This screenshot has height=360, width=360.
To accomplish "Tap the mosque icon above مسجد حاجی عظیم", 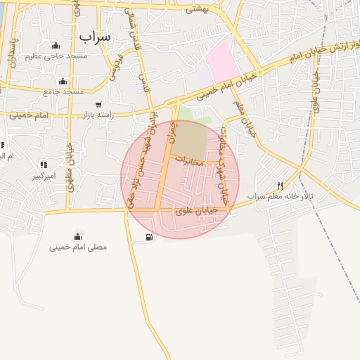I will click(56, 46).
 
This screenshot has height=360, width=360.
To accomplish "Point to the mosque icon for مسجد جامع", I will click(63, 81).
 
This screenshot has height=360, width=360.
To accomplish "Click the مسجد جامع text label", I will click(63, 92).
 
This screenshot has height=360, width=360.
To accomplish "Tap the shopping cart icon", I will click(98, 103).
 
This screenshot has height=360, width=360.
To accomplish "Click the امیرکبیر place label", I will click(44, 176).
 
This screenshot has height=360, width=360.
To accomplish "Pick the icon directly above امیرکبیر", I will click(44, 165).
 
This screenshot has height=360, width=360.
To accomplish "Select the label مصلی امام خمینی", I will click(77, 247).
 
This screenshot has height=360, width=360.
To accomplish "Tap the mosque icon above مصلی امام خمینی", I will click(77, 236).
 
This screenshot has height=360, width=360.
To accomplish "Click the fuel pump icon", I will click(148, 238).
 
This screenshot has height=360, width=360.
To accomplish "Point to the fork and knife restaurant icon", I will click(280, 186).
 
